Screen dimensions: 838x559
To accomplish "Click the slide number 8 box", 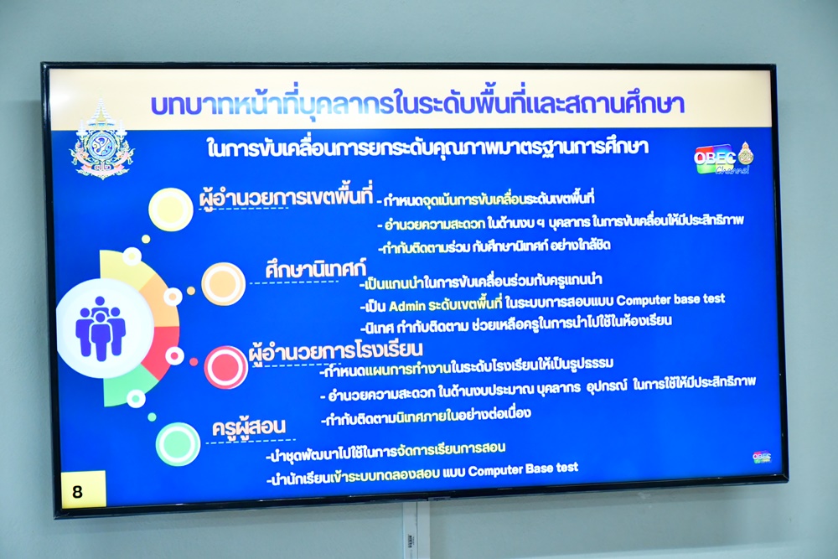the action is (x=83, y=489).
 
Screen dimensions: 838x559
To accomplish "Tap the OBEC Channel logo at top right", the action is (x=723, y=158).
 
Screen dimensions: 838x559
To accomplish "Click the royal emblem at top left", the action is (x=101, y=140).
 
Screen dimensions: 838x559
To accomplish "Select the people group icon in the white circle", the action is (x=100, y=327).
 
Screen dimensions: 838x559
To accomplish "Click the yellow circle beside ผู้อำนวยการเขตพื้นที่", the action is (x=170, y=209).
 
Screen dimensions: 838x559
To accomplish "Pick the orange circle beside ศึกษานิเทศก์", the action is (x=224, y=284).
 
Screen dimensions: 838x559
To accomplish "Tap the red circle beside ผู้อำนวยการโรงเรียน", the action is (x=225, y=367).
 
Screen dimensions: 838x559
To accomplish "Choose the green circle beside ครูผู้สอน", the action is (x=178, y=443).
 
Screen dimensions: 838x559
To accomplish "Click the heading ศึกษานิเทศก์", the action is (x=315, y=269).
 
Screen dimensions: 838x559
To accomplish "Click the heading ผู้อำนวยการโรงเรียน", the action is (x=336, y=352).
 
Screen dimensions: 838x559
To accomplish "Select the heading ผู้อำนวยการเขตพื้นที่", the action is (x=286, y=197).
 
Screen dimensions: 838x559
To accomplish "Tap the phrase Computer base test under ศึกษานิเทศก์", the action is (x=670, y=299).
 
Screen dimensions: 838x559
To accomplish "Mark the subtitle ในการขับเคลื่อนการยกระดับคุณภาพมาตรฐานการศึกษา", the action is (x=427, y=148).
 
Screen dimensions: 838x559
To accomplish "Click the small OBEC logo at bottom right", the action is (x=762, y=457).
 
